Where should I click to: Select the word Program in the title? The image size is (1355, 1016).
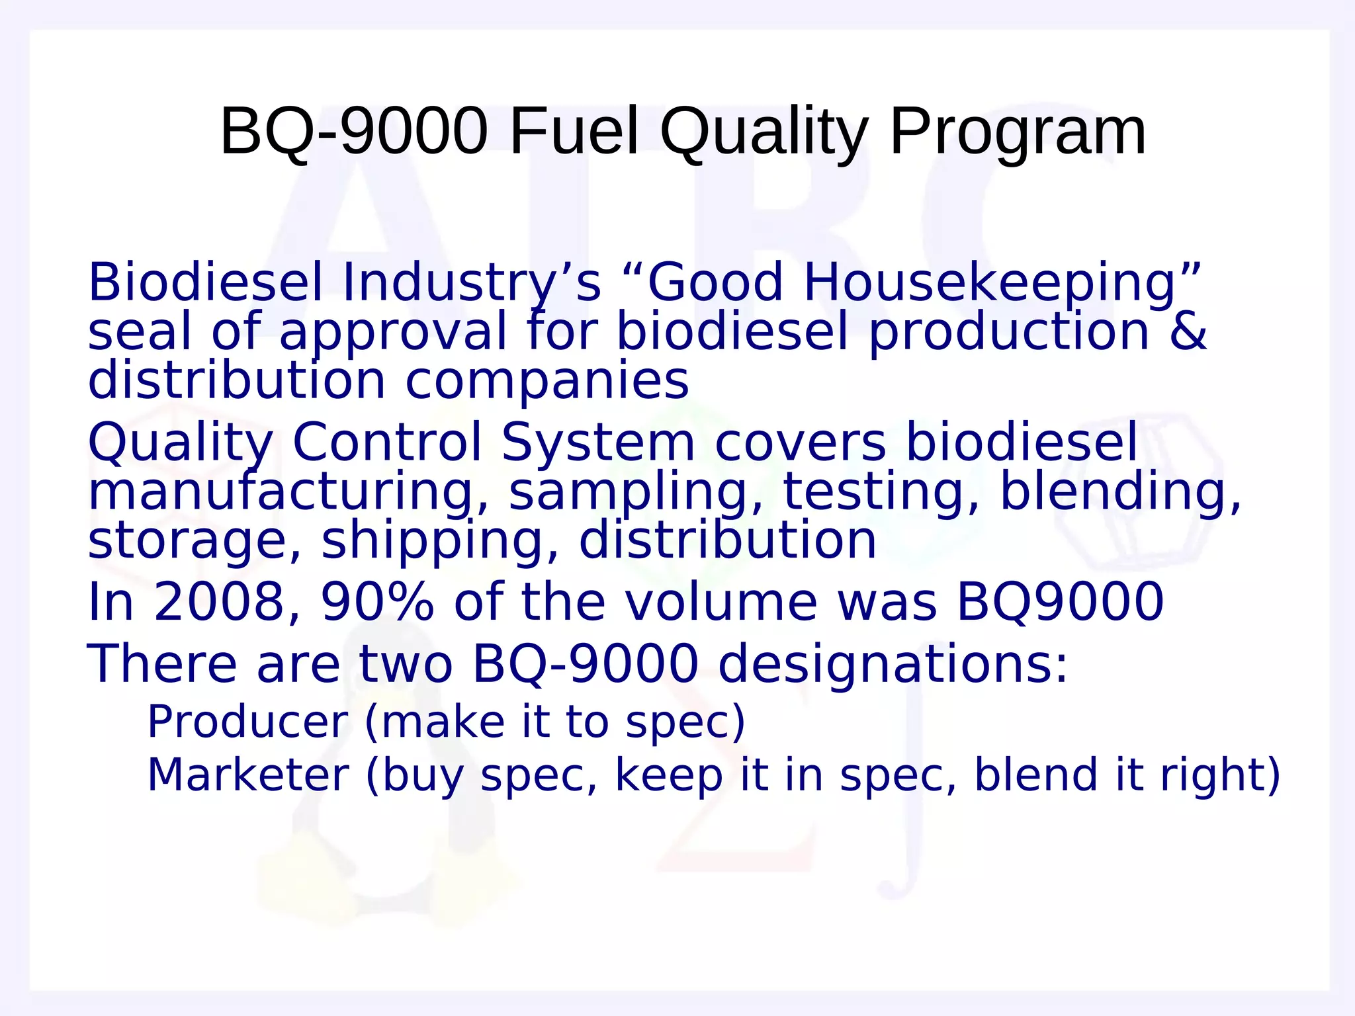click(x=1018, y=133)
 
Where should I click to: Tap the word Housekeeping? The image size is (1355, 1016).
click(x=990, y=283)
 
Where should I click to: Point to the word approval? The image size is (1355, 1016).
click(x=393, y=332)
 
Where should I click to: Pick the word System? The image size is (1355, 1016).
click(x=597, y=442)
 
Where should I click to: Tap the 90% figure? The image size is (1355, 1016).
click(x=377, y=602)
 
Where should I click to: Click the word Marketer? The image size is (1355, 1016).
click(x=247, y=775)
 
